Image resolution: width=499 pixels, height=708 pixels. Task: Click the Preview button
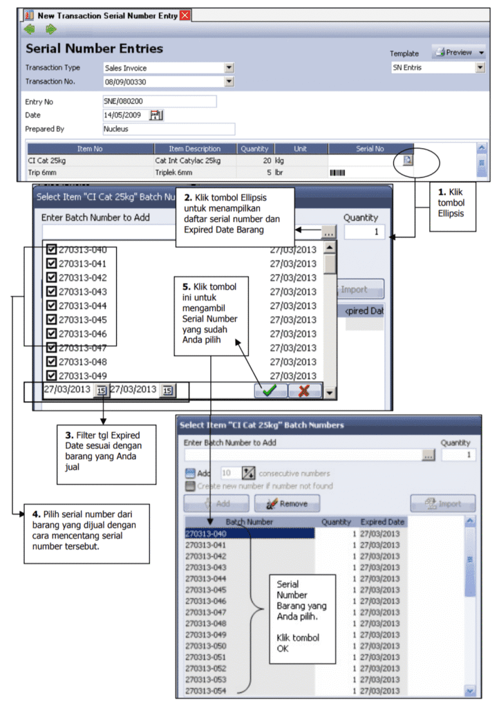[x=458, y=53]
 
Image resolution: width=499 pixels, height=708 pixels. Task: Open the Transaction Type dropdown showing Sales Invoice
[x=229, y=68]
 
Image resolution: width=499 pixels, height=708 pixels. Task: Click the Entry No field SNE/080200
[x=159, y=102]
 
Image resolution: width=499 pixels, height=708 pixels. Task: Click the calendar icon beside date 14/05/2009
[x=156, y=115]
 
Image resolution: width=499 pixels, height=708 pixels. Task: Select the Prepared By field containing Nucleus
[x=168, y=129]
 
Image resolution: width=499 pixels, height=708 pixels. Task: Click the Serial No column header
[x=370, y=149]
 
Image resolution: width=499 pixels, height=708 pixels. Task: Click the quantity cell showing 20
[x=255, y=160]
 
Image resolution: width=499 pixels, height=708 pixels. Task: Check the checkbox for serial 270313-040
[x=51, y=250]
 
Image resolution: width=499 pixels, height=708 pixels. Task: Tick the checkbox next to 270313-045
[x=51, y=319]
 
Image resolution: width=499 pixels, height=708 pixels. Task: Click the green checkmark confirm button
[x=270, y=391]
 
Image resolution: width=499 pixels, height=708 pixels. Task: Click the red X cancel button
[x=304, y=391]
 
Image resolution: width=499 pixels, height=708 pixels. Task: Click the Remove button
[x=287, y=503]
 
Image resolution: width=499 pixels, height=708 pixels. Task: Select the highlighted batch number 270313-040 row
[x=249, y=534]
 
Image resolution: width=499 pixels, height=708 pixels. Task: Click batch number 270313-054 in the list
[x=207, y=691]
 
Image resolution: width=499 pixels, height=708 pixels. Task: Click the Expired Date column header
[x=382, y=521]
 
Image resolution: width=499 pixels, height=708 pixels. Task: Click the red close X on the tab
[x=185, y=15]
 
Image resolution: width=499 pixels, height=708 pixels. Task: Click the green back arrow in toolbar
[x=29, y=29]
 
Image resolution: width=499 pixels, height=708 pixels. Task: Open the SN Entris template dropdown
[x=480, y=68]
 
